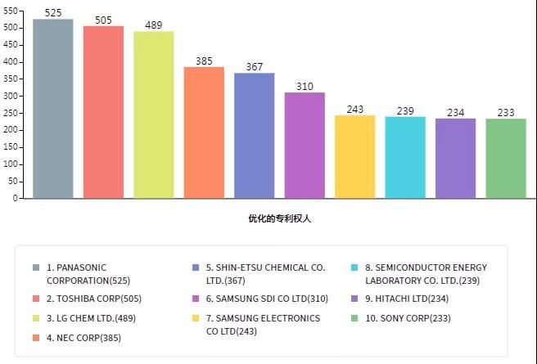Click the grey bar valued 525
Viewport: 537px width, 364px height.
point(53,108)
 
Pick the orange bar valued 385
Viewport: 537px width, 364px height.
point(204,133)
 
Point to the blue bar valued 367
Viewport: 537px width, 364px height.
point(254,135)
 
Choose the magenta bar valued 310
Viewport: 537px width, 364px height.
point(305,145)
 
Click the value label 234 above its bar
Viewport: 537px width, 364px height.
point(455,112)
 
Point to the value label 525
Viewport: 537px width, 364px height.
point(53,13)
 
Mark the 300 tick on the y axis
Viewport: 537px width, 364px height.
point(10,96)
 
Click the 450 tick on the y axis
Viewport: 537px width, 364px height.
point(10,44)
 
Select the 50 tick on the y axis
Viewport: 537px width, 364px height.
point(12,181)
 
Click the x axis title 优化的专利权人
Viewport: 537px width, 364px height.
point(280,218)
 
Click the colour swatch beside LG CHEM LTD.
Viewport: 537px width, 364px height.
point(36,318)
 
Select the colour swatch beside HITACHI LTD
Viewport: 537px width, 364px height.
point(354,299)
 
